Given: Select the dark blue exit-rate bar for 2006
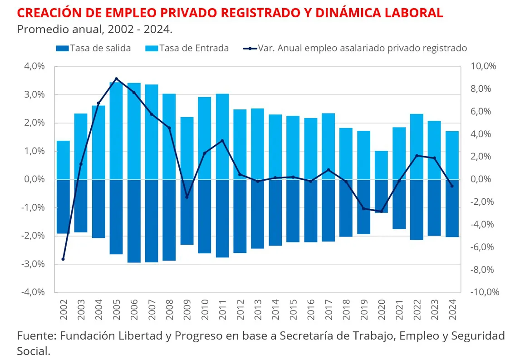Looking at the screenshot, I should [x=134, y=221].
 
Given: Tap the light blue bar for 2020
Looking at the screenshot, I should [x=381, y=165].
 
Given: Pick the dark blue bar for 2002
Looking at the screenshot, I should [x=63, y=207].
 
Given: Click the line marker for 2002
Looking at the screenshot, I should [x=63, y=259].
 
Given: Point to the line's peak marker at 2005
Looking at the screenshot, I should [x=116, y=79].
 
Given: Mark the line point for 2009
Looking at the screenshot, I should [x=186, y=197].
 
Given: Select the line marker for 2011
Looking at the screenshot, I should [x=222, y=141].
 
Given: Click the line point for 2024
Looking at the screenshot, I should [x=451, y=186].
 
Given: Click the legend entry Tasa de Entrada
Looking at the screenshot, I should [x=187, y=48].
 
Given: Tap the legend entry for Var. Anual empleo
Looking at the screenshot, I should [x=356, y=48].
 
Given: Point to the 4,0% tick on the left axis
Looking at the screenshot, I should [x=34, y=66].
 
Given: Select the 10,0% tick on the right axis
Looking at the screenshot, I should [x=484, y=66].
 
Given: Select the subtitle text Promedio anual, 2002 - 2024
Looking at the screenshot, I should [x=94, y=30].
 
